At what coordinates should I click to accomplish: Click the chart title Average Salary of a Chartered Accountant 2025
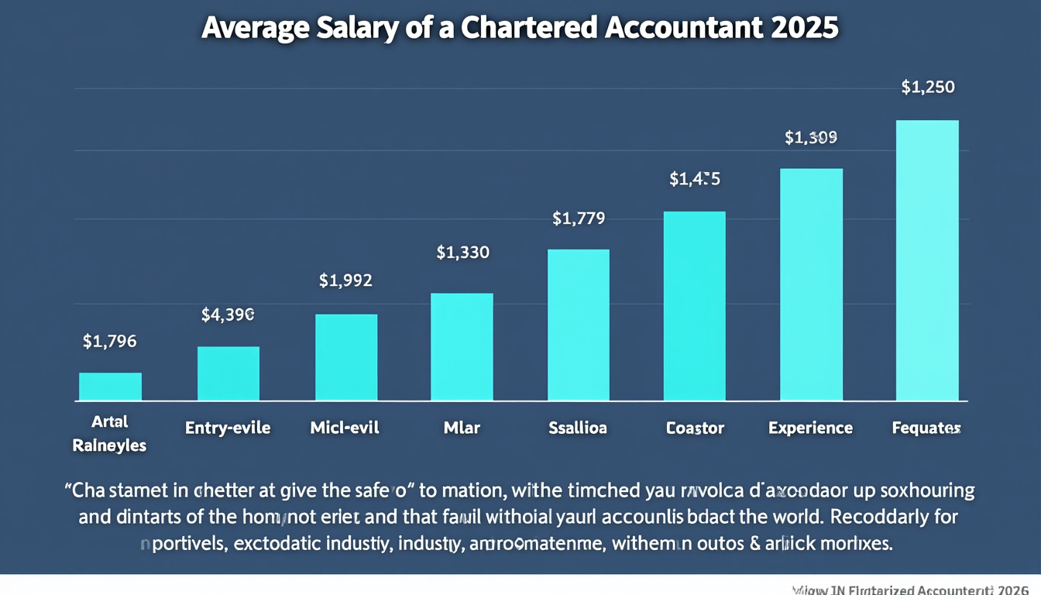[x=520, y=27]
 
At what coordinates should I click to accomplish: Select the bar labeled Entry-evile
[x=228, y=373]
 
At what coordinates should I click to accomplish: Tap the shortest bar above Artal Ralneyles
[x=111, y=387]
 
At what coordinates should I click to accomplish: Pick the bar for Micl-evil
[x=346, y=357]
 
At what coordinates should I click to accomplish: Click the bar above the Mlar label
[x=462, y=347]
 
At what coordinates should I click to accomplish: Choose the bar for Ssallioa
[x=579, y=325]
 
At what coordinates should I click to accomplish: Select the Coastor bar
[x=695, y=306]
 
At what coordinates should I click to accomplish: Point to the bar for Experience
[x=811, y=284]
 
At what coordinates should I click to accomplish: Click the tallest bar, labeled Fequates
[x=927, y=260]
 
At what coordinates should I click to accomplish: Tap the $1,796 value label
[x=110, y=341]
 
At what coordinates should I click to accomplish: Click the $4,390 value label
[x=228, y=315]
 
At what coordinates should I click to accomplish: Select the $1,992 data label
[x=346, y=280]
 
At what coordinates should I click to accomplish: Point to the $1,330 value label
[x=462, y=252]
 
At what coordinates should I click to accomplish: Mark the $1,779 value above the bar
[x=579, y=218]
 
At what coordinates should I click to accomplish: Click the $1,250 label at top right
[x=928, y=88]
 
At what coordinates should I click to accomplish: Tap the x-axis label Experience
[x=810, y=428]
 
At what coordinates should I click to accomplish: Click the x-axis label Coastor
[x=695, y=428]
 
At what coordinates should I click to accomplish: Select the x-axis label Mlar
[x=462, y=428]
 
